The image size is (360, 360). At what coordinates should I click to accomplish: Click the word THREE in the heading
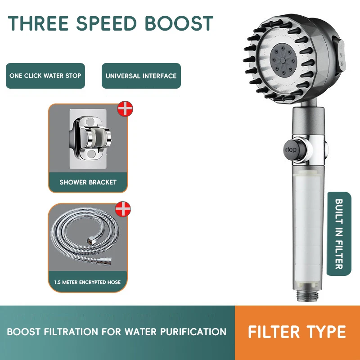(38, 23)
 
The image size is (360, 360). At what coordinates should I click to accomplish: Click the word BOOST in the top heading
(179, 23)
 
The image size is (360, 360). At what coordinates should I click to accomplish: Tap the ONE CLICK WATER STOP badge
(45, 76)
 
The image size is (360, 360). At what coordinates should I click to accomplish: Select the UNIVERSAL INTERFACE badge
(141, 76)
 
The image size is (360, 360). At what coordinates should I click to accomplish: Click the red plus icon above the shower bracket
(125, 108)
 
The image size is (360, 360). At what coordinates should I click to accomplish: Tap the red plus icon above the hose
(123, 209)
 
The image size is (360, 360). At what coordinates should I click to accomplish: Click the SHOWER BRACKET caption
(88, 182)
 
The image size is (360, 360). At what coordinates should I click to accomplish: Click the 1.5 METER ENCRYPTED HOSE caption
(87, 282)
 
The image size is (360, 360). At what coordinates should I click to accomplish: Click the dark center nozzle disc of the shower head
(283, 60)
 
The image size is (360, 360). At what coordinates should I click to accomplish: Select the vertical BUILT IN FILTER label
(339, 234)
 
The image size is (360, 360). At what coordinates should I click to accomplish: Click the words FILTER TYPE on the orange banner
(297, 332)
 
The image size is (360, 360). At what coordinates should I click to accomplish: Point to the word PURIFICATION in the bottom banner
(193, 332)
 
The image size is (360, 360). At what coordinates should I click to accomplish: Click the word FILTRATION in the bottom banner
(71, 332)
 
